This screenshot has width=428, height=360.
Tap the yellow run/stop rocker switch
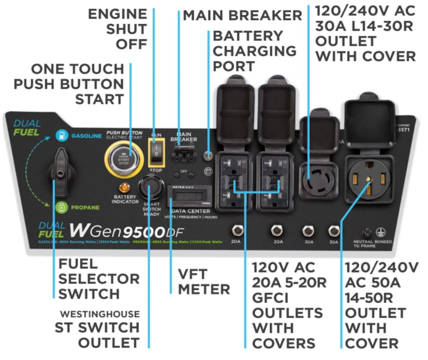pyautogui.click(x=156, y=150)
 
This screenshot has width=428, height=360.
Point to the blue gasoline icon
pyautogui.click(x=61, y=134)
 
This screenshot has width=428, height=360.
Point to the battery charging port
pyautogui.click(x=209, y=156)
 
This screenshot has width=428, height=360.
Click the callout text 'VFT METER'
pyautogui.click(x=204, y=282)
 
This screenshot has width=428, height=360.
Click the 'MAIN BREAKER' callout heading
pyautogui.click(x=242, y=15)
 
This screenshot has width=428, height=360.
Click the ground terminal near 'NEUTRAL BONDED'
pyautogui.click(x=366, y=233)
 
